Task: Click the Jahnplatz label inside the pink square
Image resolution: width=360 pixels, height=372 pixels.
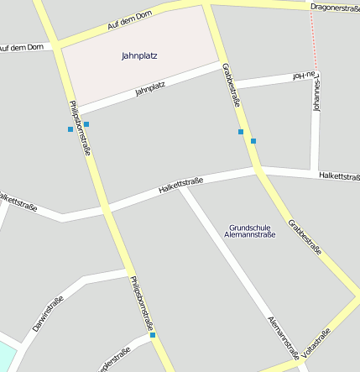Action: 139,56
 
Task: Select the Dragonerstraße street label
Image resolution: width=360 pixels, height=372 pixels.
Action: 334,8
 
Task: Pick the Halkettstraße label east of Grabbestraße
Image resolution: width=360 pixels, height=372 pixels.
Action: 338,176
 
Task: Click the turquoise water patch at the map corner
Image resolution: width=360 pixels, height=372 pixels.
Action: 6,354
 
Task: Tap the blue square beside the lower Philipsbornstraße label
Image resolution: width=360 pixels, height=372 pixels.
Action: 153,335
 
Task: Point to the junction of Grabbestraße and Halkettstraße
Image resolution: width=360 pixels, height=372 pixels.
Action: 258,170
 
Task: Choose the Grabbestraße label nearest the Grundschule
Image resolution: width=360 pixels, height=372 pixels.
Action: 305,238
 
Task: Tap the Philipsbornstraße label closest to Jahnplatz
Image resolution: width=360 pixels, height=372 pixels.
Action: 80,128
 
